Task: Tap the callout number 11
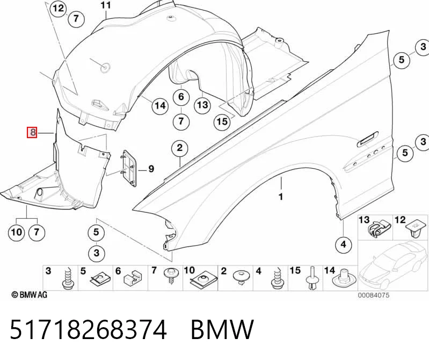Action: (106, 5)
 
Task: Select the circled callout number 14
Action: (161, 105)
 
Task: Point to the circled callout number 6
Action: (181, 97)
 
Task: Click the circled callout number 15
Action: (222, 121)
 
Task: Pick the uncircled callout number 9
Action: (151, 169)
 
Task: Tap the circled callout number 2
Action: (179, 148)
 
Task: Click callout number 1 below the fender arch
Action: (281, 197)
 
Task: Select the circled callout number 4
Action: (344, 244)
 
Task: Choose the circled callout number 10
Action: (17, 233)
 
